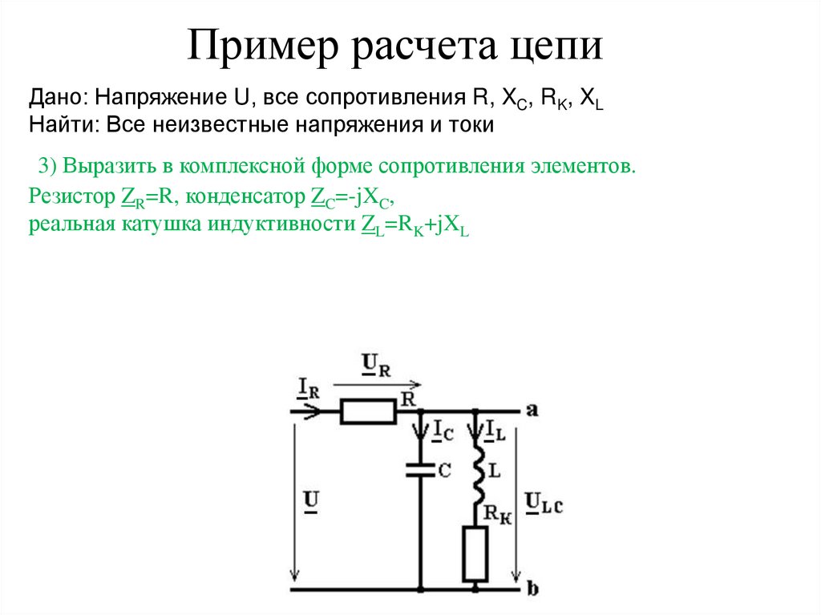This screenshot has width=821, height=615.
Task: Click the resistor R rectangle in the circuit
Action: point(368,412)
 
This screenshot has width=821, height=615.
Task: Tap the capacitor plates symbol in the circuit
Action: point(419,471)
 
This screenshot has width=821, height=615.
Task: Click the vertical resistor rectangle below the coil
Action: point(476,554)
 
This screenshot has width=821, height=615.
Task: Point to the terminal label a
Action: point(532,411)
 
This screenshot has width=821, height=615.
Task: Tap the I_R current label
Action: point(309,389)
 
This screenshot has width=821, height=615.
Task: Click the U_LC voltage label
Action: point(544,504)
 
